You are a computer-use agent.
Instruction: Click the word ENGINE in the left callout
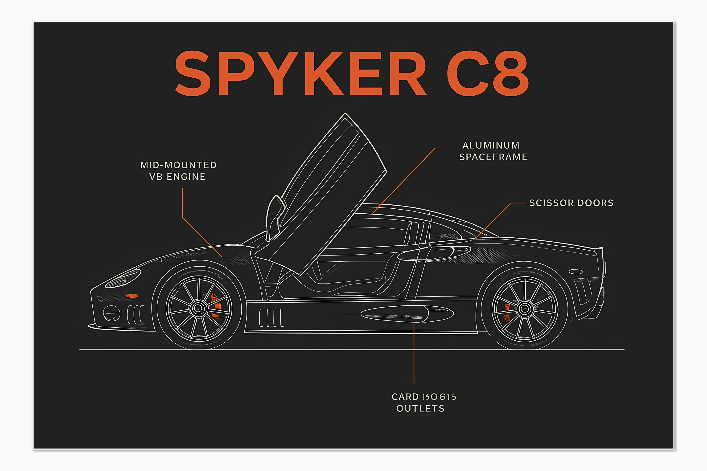(x=186, y=177)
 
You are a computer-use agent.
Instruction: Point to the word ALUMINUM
(x=491, y=145)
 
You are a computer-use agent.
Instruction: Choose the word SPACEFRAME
(x=493, y=157)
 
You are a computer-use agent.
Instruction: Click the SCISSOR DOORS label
(x=571, y=203)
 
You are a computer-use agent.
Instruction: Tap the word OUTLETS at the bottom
(x=420, y=409)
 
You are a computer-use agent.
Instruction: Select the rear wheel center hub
(x=525, y=309)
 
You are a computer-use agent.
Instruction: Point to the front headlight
(x=123, y=279)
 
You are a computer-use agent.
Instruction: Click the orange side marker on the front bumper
(x=131, y=296)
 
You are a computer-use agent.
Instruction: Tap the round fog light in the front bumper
(x=111, y=313)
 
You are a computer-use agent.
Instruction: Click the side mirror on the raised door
(x=275, y=216)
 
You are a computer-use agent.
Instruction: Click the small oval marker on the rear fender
(x=576, y=272)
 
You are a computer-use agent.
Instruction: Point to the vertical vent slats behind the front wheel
(x=271, y=318)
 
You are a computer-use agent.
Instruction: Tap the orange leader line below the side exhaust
(x=414, y=354)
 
